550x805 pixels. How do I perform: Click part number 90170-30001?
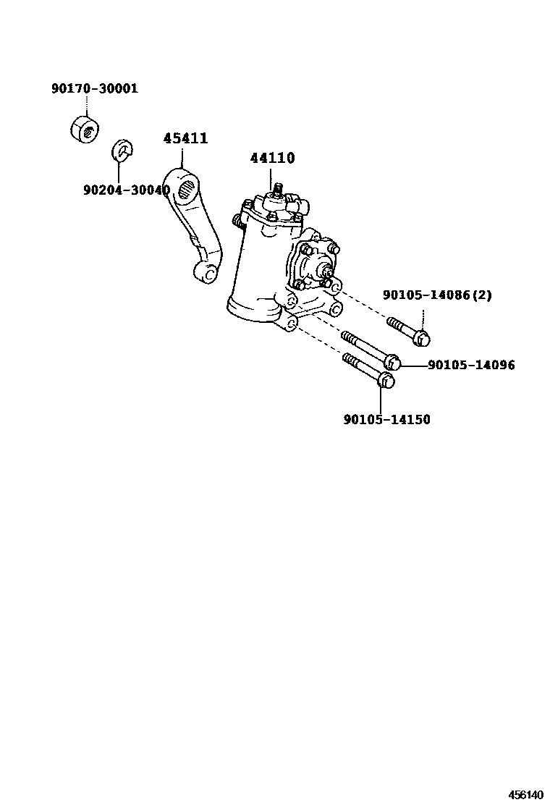click(x=94, y=89)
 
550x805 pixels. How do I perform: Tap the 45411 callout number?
click(x=185, y=138)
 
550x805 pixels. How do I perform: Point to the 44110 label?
click(x=273, y=158)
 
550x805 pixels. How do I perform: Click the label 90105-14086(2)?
click(x=437, y=295)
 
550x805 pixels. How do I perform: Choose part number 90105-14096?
click(x=471, y=365)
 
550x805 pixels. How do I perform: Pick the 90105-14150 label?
click(x=386, y=419)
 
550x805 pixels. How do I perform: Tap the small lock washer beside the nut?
click(x=123, y=151)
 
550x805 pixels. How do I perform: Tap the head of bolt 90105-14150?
click(x=386, y=380)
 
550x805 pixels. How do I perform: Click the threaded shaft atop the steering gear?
click(x=276, y=193)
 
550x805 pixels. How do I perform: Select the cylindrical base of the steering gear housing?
click(x=253, y=309)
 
